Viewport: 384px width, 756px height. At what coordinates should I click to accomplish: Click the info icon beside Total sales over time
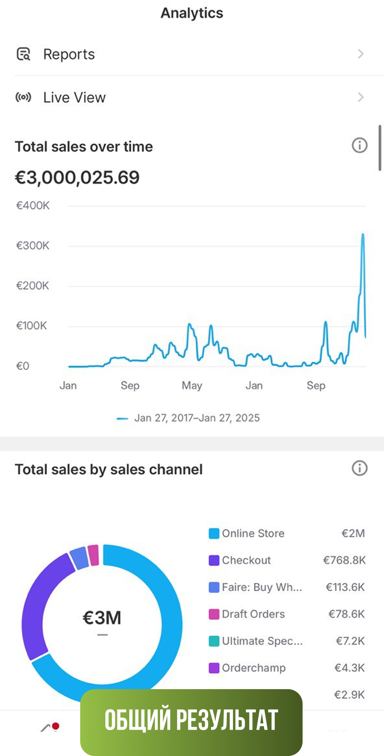[359, 145]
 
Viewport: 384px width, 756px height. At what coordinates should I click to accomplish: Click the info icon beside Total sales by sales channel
[359, 468]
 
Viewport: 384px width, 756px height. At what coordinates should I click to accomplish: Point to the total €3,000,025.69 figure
[77, 177]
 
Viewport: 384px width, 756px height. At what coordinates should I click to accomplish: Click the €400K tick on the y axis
[33, 205]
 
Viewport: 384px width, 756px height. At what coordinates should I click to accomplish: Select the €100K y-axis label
[32, 326]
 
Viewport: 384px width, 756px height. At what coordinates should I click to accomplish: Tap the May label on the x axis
[192, 385]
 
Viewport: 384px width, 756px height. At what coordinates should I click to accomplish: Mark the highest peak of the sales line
[363, 235]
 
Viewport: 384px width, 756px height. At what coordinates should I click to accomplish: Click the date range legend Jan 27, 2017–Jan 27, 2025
[197, 418]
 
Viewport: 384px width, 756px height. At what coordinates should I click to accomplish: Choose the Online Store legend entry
[253, 533]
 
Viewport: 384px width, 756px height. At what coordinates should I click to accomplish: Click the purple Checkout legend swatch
[214, 560]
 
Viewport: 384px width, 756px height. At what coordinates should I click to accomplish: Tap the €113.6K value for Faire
[345, 587]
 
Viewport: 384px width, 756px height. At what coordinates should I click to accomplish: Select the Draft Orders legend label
[253, 614]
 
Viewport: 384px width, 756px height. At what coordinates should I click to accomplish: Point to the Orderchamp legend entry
[254, 668]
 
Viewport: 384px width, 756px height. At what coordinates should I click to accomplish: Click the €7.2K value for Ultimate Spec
[350, 641]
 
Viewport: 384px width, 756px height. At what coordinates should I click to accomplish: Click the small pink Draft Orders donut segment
[93, 555]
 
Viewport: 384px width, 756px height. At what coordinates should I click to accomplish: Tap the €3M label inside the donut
[102, 618]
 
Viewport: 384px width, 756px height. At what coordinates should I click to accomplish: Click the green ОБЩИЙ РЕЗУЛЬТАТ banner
[191, 720]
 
